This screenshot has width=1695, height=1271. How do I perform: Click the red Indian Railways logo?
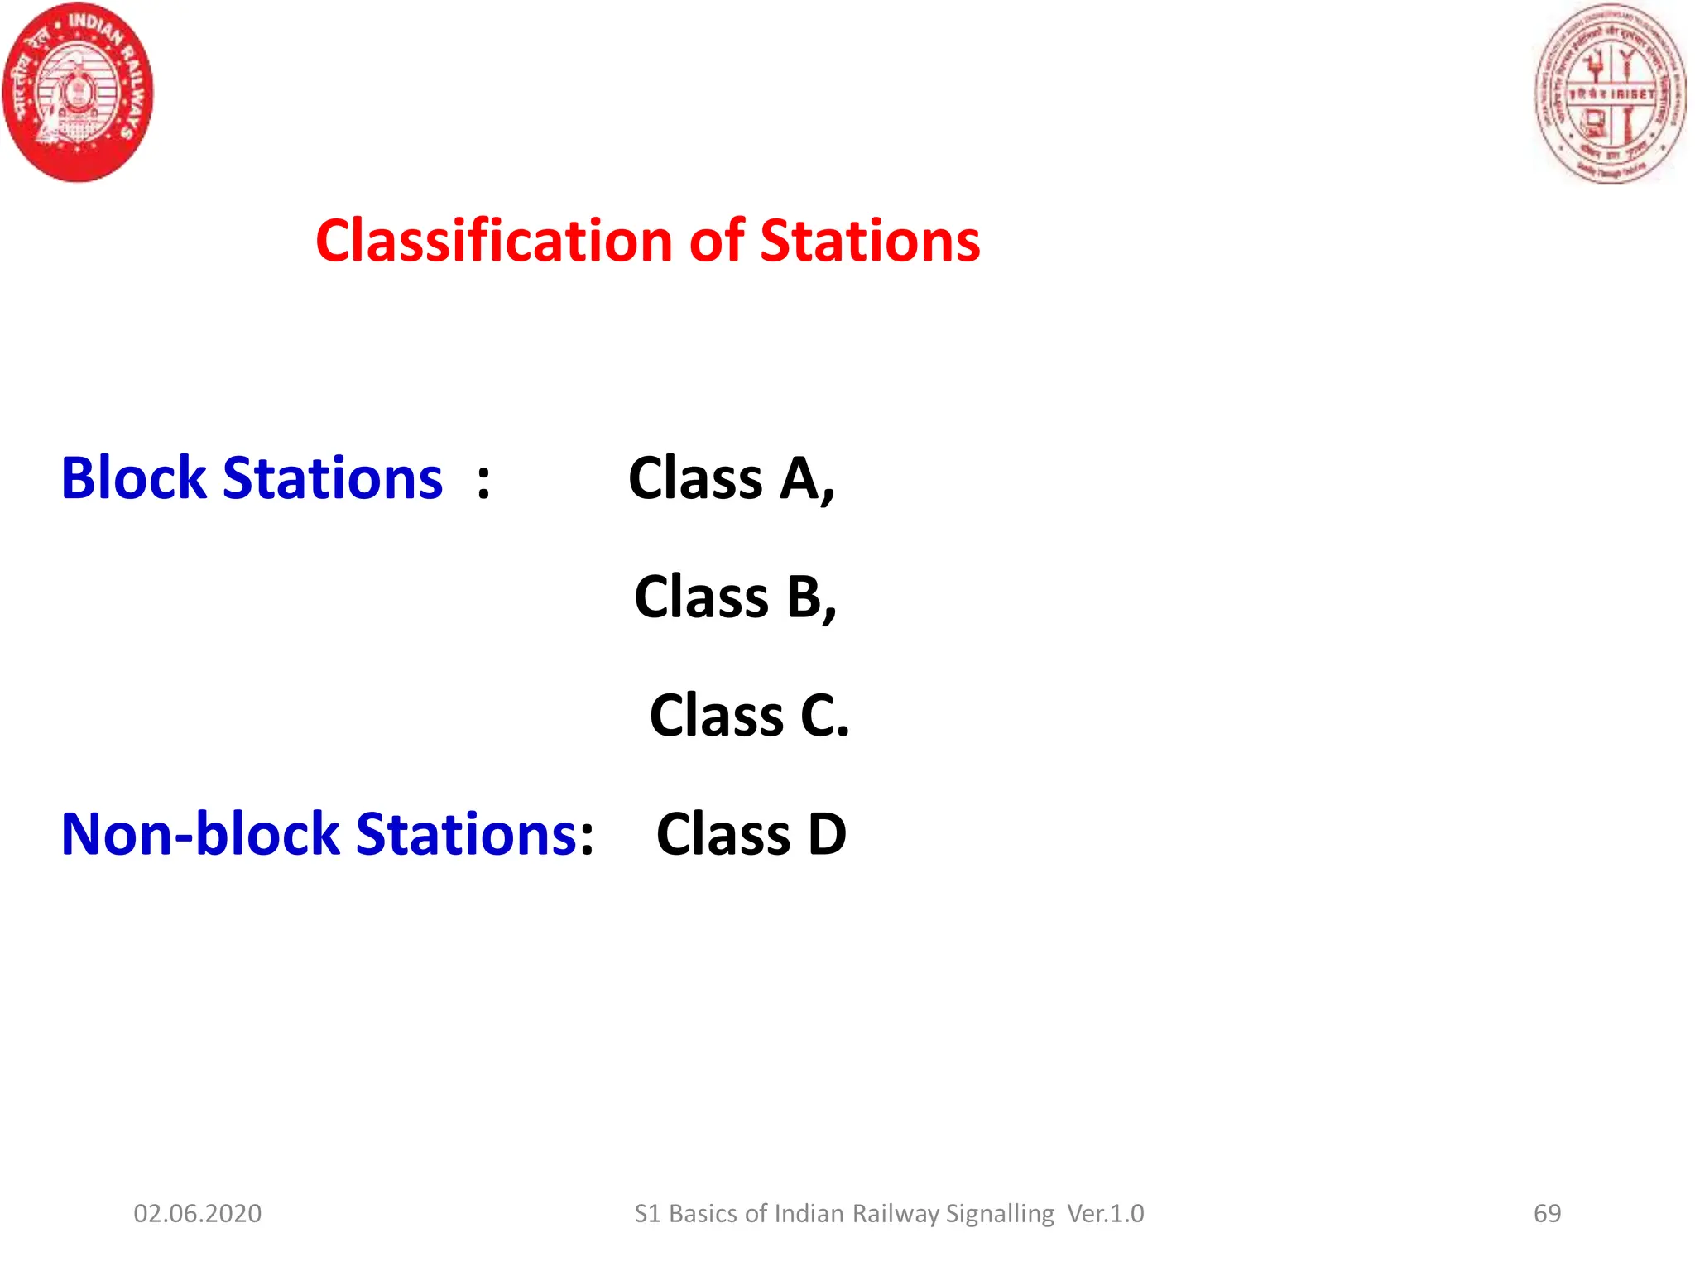click(79, 92)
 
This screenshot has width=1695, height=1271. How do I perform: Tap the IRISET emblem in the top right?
click(1610, 94)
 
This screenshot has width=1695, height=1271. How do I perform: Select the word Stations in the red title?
click(870, 241)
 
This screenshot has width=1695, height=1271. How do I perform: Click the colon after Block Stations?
click(483, 481)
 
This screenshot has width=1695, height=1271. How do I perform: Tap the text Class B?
click(735, 597)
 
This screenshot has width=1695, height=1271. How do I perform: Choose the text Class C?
click(749, 715)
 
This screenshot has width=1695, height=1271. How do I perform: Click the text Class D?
click(751, 834)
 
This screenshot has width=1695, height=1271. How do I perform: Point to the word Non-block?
click(199, 834)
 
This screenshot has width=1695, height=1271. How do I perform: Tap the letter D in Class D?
click(827, 834)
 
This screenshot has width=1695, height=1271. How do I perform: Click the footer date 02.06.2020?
click(198, 1213)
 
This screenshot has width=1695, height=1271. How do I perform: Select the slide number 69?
click(1547, 1213)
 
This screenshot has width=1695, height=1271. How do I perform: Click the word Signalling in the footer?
click(1000, 1214)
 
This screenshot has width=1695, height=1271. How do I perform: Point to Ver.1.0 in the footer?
click(1106, 1213)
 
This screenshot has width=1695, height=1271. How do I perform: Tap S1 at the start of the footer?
click(647, 1213)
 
